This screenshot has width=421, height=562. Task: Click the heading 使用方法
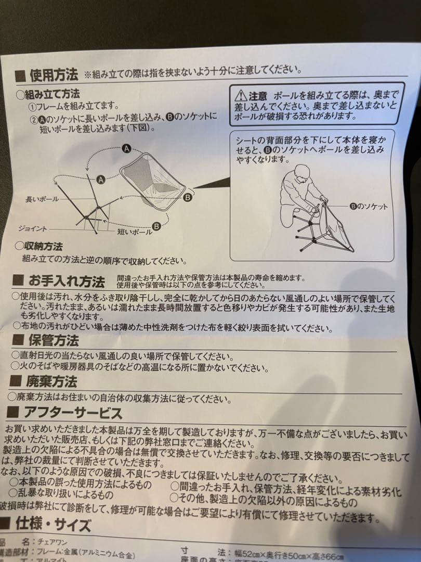tap(54, 75)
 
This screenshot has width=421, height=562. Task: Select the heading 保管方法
tap(52, 341)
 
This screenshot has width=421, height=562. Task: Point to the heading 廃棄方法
tap(51, 381)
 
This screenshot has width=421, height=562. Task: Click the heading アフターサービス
tap(73, 413)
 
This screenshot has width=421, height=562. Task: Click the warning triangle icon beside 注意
tap(240, 96)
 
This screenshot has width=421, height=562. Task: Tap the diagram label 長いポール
tap(42, 199)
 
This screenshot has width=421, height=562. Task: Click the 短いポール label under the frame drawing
tap(134, 232)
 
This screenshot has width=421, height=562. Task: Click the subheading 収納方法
tap(43, 246)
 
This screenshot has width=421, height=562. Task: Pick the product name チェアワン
tap(51, 542)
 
